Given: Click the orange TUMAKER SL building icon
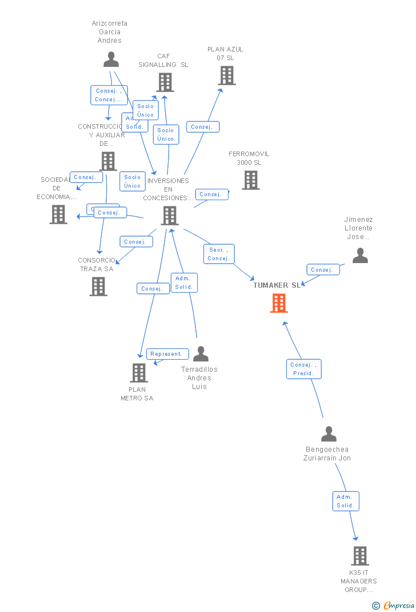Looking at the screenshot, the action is (279, 303).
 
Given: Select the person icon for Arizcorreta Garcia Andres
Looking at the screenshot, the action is (111, 59).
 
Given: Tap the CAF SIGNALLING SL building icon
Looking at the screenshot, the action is (165, 82).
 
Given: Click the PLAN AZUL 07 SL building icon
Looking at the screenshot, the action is (227, 75).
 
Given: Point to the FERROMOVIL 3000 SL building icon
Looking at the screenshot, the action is (250, 180).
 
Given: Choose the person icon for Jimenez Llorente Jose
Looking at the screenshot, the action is (360, 255).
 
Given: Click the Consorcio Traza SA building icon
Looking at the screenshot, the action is (98, 286).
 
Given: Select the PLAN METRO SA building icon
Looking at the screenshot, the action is (139, 373).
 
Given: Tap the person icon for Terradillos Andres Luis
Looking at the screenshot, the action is (201, 354).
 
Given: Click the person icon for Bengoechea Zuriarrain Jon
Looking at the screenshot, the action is (329, 434).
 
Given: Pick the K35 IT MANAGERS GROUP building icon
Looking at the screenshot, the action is (360, 555).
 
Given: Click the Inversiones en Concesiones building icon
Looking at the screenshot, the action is (170, 216).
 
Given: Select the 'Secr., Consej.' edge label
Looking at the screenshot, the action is (219, 254).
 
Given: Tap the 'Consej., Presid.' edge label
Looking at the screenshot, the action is (303, 369).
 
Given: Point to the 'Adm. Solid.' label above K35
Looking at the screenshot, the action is (346, 501).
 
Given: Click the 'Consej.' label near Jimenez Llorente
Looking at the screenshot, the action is (323, 269).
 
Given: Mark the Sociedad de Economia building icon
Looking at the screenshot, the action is (58, 214).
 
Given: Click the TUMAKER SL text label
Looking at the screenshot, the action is (277, 285).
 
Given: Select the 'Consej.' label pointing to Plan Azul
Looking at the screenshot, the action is (202, 127).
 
